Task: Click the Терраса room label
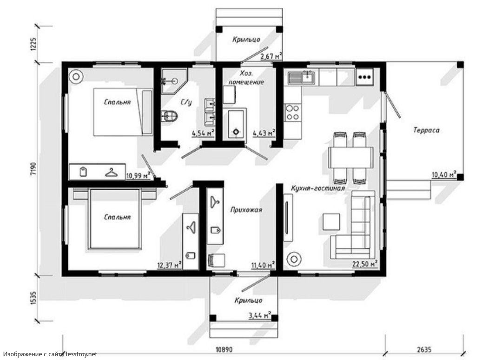click(426, 130)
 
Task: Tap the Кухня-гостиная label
click(318, 188)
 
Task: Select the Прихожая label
click(246, 210)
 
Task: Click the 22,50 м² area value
click(365, 264)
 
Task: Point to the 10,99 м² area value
click(139, 175)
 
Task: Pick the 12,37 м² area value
click(170, 265)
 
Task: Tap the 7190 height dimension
click(34, 169)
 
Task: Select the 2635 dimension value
click(424, 349)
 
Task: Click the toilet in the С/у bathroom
click(169, 115)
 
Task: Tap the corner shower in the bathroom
click(173, 81)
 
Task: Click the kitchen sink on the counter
click(302, 78)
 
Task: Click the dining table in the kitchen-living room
click(350, 158)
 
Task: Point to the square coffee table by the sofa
click(331, 222)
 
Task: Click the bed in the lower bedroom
click(116, 219)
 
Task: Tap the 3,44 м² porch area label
click(260, 315)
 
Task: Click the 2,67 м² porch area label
click(271, 56)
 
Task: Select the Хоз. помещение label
click(246, 78)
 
